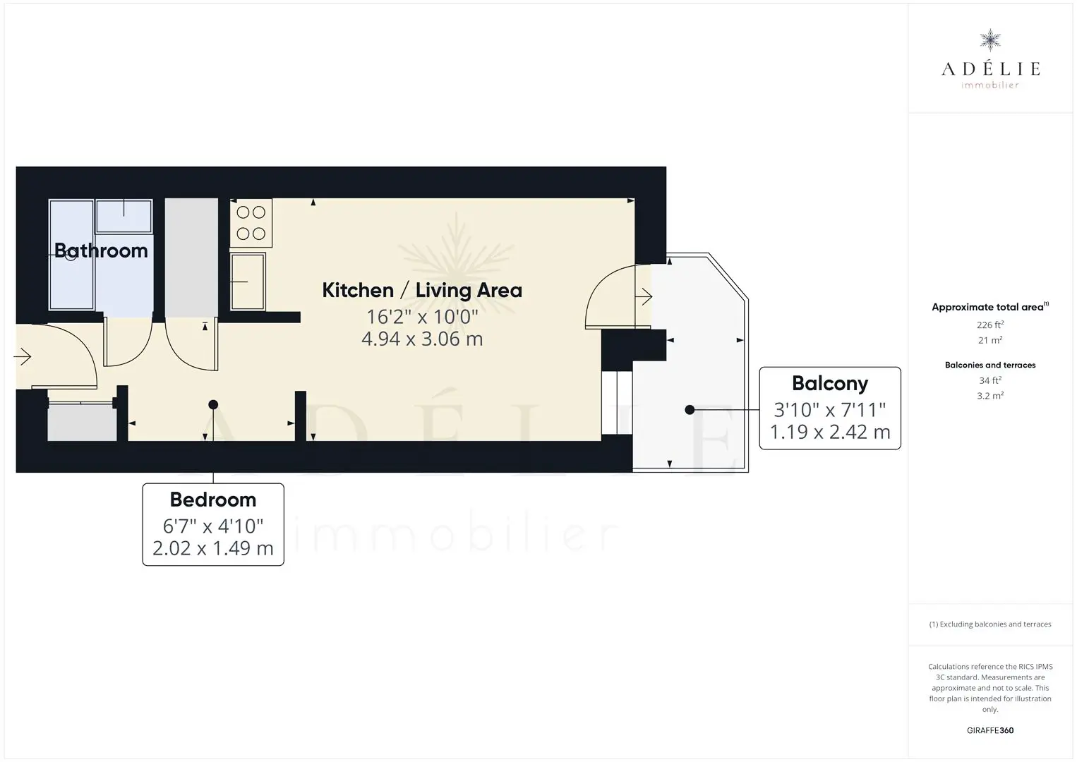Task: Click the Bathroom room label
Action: [x=101, y=250]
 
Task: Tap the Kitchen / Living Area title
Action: [x=422, y=291]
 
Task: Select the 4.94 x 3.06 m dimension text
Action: [x=422, y=339]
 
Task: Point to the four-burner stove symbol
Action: [x=251, y=223]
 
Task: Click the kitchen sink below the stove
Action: [x=248, y=282]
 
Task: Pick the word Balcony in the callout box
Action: [x=830, y=384]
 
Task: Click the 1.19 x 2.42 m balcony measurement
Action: [x=830, y=432]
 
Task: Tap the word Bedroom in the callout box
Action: [x=213, y=500]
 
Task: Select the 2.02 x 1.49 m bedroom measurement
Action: [x=213, y=548]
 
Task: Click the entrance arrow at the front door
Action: [x=23, y=357]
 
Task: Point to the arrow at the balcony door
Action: [x=644, y=296]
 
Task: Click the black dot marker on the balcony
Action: [x=690, y=410]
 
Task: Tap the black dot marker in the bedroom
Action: [x=213, y=405]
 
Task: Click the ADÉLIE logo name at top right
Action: [x=990, y=68]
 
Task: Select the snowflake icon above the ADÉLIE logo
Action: [x=990, y=40]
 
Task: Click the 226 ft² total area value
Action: [x=990, y=325]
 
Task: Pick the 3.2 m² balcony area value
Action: [x=990, y=396]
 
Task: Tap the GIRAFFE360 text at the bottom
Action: [x=990, y=730]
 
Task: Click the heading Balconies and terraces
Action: [x=990, y=365]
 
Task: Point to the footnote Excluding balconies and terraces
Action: [x=990, y=624]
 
